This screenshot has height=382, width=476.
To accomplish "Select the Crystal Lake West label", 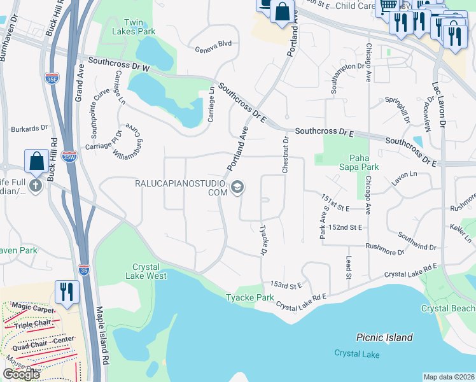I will point(150,271).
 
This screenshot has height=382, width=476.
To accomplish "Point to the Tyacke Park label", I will point(250,298).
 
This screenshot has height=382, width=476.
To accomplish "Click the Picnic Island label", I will point(384,337).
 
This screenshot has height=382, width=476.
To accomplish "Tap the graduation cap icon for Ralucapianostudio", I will point(237,187).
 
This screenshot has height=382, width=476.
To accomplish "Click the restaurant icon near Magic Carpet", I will point(67,292).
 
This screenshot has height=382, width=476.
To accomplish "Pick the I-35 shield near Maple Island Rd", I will point(84,270).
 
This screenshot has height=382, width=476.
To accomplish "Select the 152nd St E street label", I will point(346,227).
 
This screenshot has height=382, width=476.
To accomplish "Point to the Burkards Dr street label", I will point(25,128).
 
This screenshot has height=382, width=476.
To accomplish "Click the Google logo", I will point(21,374).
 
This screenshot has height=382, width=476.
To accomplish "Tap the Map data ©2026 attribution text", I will point(449,377).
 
